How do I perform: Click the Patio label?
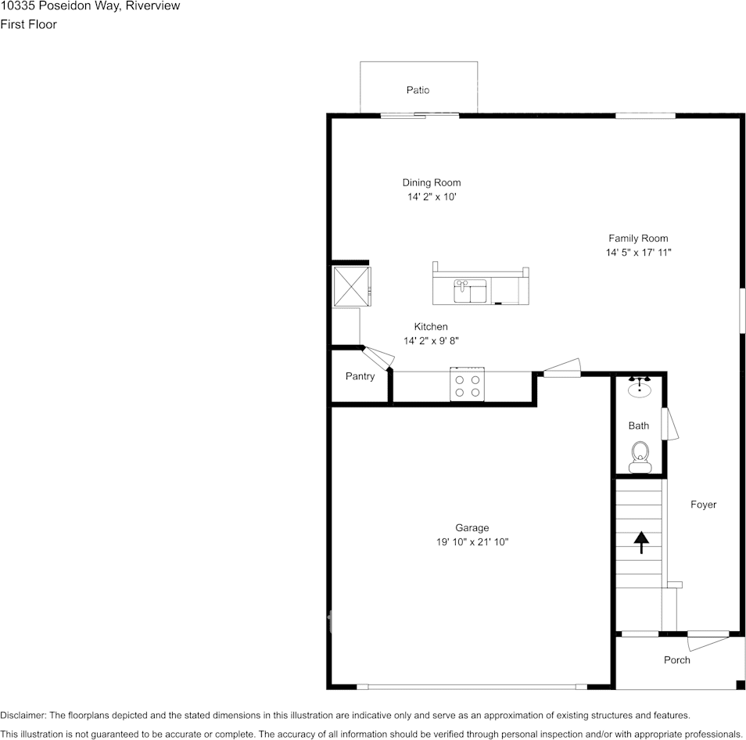coord(418,90)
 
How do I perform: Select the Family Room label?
coord(638,239)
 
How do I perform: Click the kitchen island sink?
coord(472,291)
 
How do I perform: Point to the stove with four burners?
coord(467,385)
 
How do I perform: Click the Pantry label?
coord(360,376)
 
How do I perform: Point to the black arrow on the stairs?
coord(641,542)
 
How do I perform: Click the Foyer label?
coord(703,505)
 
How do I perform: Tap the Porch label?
coord(677,660)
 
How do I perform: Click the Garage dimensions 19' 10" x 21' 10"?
coord(472,542)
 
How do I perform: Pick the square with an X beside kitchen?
coord(350,286)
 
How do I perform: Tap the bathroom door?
coord(669,423)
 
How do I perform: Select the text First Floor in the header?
coord(28,24)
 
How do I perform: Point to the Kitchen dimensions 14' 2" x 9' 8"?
coord(431,341)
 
